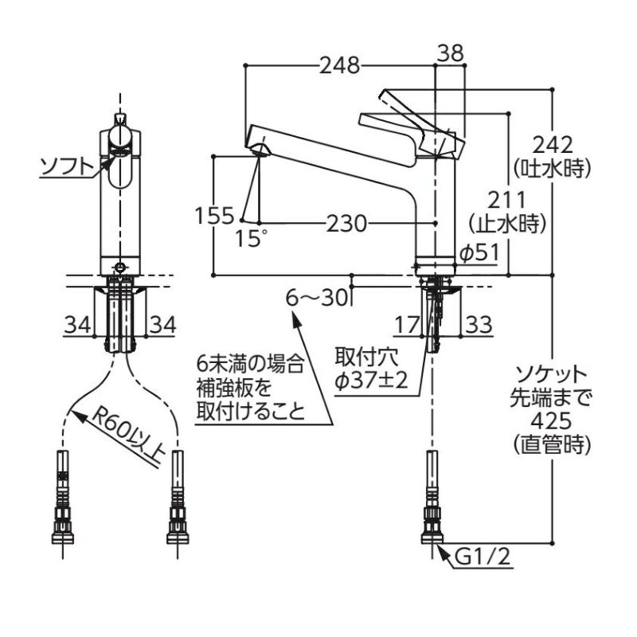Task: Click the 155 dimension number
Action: [214, 216]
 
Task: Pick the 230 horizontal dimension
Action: [344, 225]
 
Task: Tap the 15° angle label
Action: [252, 238]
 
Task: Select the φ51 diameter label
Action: [479, 252]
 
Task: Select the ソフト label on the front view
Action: [64, 166]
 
